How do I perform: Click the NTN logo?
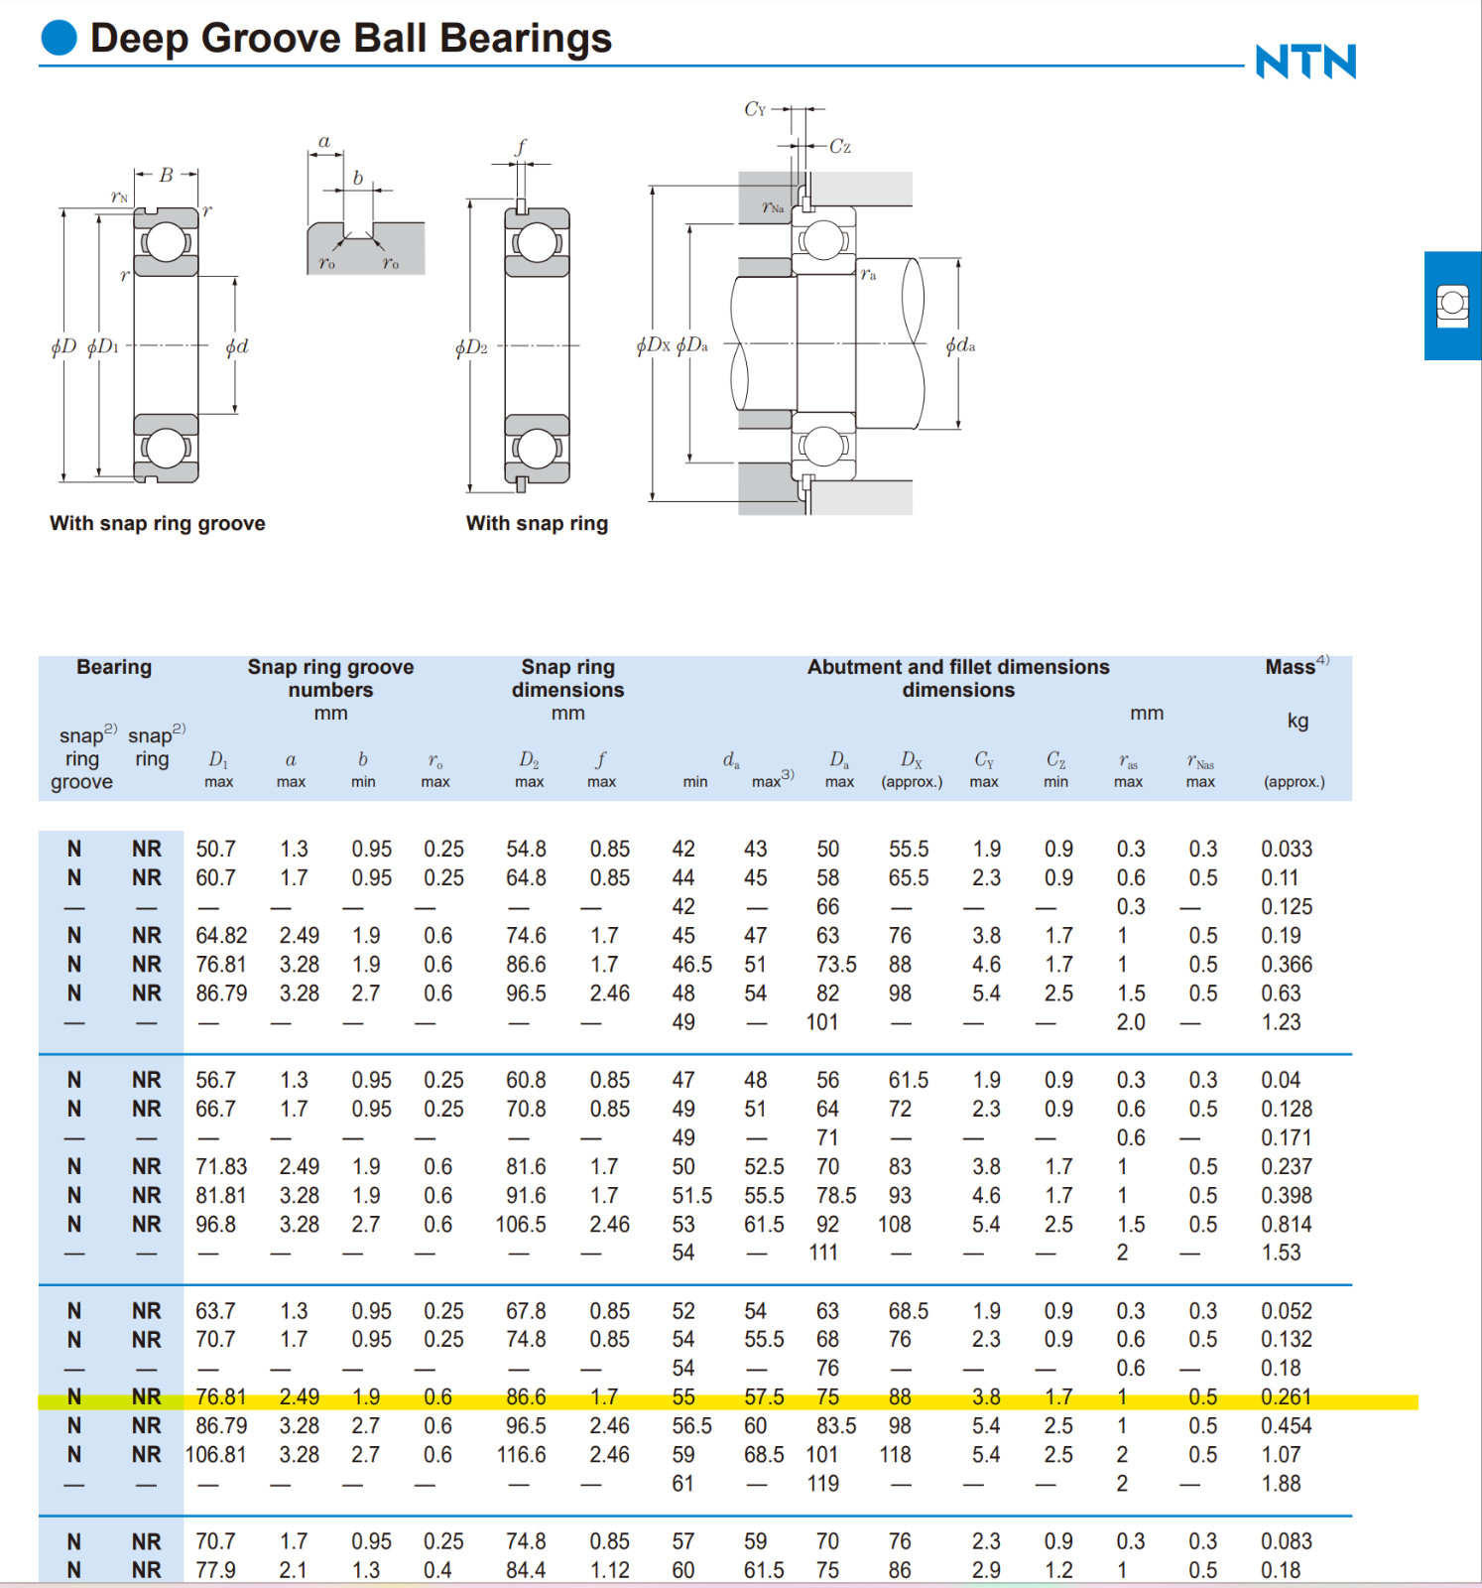pyautogui.click(x=1305, y=62)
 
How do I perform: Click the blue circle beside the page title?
pyautogui.click(x=60, y=38)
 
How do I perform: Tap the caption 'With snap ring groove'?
pyautogui.click(x=158, y=523)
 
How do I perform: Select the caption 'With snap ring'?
pyautogui.click(x=537, y=523)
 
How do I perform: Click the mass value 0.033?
pyautogui.click(x=1287, y=849)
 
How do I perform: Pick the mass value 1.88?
pyautogui.click(x=1281, y=1483)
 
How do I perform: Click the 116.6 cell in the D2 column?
pyautogui.click(x=522, y=1454)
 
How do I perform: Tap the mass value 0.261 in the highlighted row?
pyautogui.click(x=1287, y=1396)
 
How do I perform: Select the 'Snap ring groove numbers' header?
pyautogui.click(x=330, y=678)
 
